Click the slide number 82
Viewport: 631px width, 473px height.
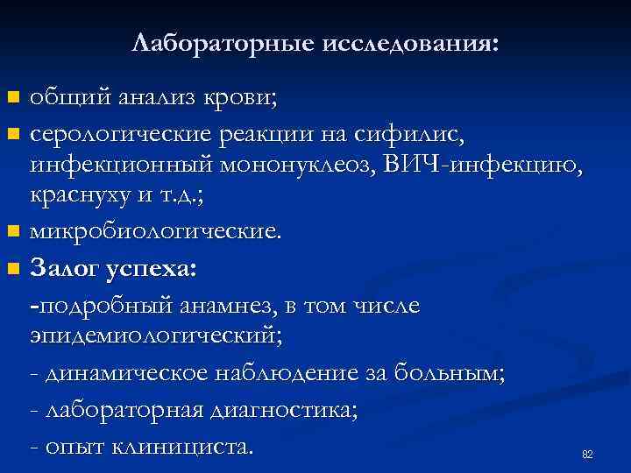coord(587,455)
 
